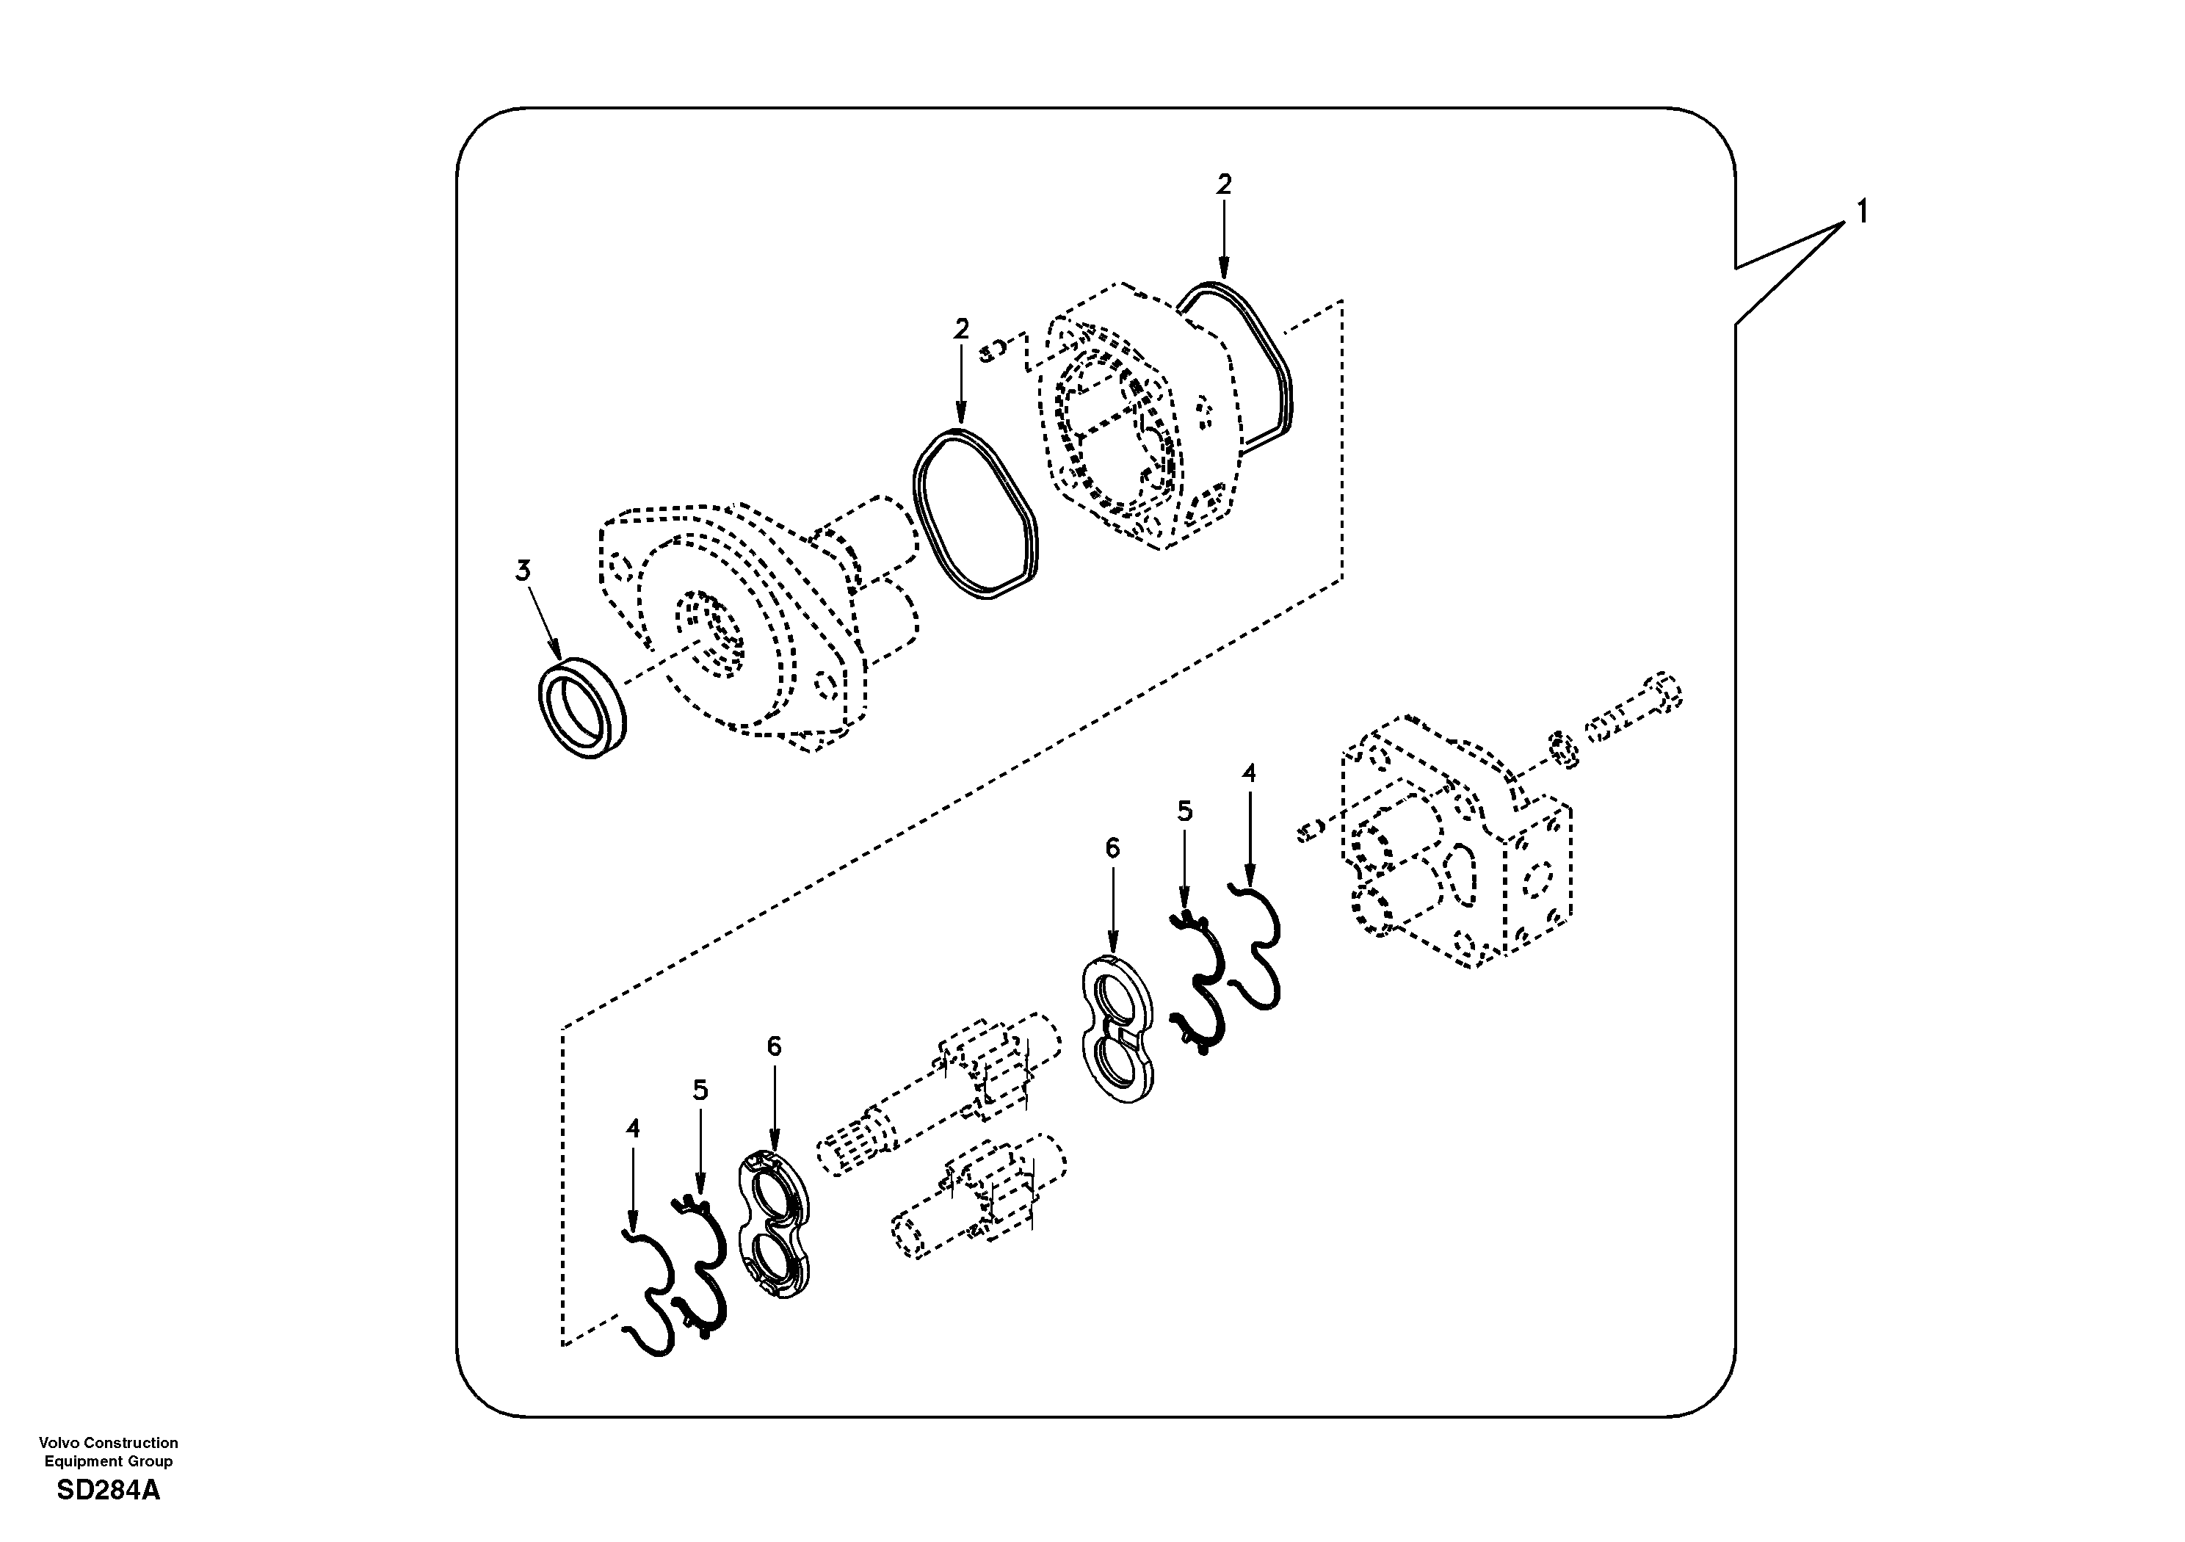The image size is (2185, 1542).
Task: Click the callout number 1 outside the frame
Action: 1861,211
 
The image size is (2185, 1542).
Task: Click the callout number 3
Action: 523,571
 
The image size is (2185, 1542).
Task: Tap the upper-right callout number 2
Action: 1224,184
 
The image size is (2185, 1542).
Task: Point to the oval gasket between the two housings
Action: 976,514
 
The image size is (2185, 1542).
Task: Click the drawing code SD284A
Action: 109,1491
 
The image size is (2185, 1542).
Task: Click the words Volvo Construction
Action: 109,1443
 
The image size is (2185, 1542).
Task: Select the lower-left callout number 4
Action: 633,1129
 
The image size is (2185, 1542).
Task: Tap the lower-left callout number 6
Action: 774,1046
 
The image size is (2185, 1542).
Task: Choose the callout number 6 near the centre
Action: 1112,848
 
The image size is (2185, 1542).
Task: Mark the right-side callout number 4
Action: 1249,773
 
